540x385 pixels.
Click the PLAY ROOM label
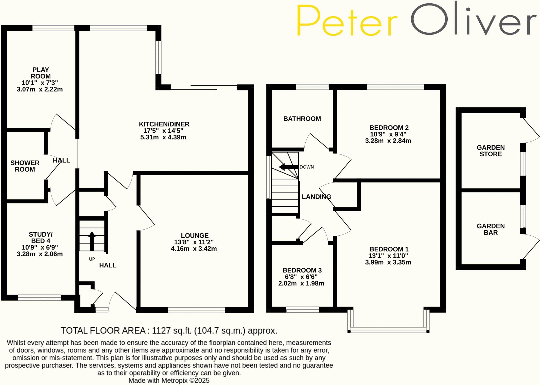[40, 73]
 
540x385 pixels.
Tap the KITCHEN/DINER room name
[164, 124]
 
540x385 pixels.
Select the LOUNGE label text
[195, 236]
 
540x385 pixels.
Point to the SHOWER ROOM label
[25, 166]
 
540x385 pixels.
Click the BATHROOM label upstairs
[302, 119]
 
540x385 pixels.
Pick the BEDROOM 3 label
[302, 270]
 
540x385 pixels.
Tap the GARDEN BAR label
[490, 229]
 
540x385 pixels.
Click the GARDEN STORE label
[490, 151]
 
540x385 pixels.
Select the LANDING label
[316, 197]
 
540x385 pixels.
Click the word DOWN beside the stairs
[307, 167]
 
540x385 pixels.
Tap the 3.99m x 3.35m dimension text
[388, 262]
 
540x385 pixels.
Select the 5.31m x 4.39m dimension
[163, 137]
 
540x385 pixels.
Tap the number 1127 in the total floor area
[161, 330]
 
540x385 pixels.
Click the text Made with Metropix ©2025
[169, 380]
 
